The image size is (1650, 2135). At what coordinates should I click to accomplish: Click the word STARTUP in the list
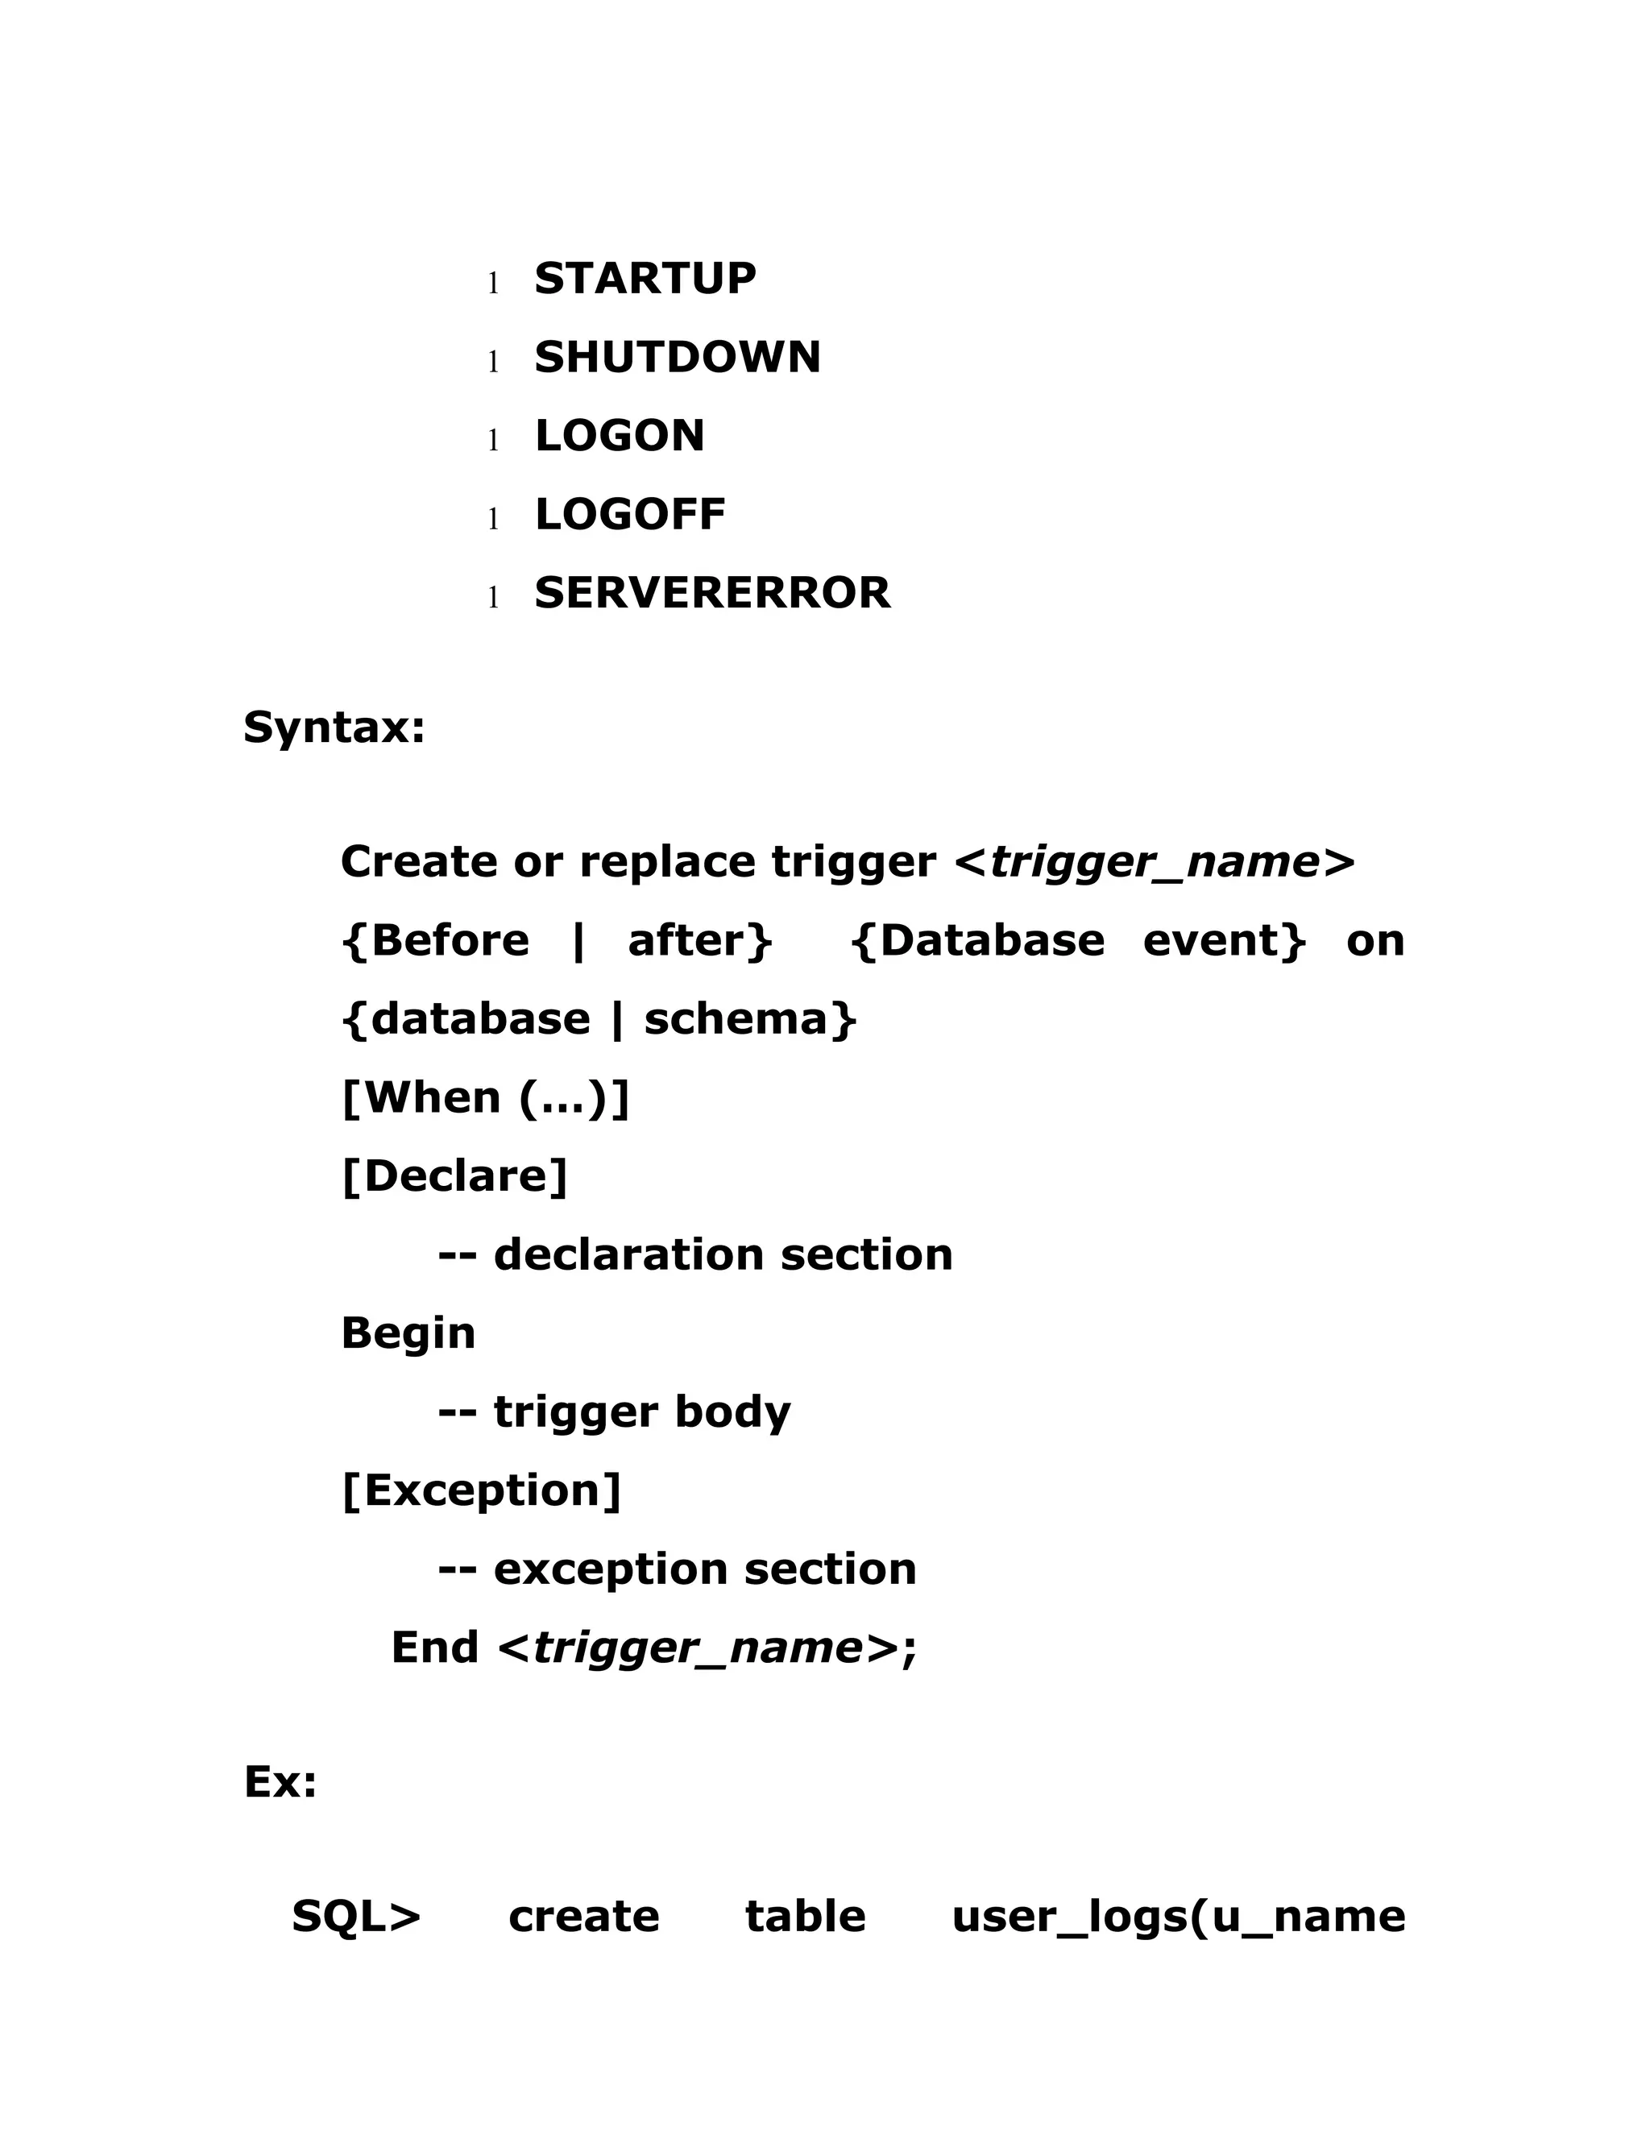pyautogui.click(x=645, y=279)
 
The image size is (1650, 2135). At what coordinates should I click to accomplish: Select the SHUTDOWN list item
pyautogui.click(x=677, y=357)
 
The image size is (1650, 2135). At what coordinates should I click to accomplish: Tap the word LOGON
pyautogui.click(x=619, y=436)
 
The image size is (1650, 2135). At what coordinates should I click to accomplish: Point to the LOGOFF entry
pyautogui.click(x=629, y=514)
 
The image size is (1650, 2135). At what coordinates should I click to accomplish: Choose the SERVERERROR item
pyautogui.click(x=711, y=592)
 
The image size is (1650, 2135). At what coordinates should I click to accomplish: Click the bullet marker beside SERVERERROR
pyautogui.click(x=494, y=596)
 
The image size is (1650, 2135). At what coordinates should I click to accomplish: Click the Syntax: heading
pyautogui.click(x=334, y=728)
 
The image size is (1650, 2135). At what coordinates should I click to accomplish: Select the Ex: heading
pyautogui.click(x=280, y=1781)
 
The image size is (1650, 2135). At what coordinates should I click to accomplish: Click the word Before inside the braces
pyautogui.click(x=450, y=940)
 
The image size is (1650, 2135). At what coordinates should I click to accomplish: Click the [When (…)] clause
pyautogui.click(x=486, y=1098)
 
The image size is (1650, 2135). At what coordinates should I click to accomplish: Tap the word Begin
pyautogui.click(x=408, y=1333)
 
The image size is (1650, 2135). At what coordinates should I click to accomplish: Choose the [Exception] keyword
pyautogui.click(x=481, y=1490)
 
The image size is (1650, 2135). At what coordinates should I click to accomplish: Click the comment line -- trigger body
pyautogui.click(x=614, y=1412)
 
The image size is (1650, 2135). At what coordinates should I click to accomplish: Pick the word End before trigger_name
pyautogui.click(x=434, y=1648)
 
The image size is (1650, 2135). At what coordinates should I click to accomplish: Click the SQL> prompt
pyautogui.click(x=356, y=1916)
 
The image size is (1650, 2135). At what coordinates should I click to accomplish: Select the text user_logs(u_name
pyautogui.click(x=1178, y=1916)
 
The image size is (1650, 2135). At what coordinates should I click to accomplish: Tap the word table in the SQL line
pyautogui.click(x=805, y=1916)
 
